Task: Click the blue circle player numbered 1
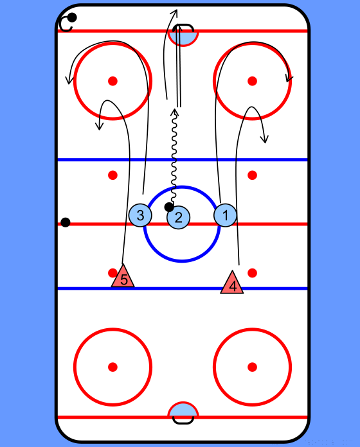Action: pos(225,215)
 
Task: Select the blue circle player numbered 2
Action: pos(178,217)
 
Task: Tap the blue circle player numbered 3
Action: pos(140,215)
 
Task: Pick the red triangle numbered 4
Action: pos(232,282)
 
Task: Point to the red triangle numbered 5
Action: pos(123,276)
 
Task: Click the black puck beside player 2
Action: pos(169,207)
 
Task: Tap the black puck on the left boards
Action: pos(66,222)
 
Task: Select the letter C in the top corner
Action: pos(66,24)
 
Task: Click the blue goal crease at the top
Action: pos(183,38)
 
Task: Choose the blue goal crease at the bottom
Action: pos(183,410)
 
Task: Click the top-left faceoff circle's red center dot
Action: pos(113,81)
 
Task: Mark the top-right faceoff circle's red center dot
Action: pos(252,81)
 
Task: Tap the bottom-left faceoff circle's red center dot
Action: pos(113,367)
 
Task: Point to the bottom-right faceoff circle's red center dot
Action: pos(252,367)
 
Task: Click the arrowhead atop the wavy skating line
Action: pos(175,112)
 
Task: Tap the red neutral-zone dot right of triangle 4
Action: pos(252,273)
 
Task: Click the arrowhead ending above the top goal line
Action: pos(174,12)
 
